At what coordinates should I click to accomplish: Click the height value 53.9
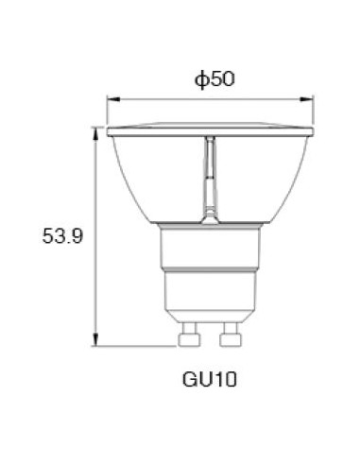(x=61, y=237)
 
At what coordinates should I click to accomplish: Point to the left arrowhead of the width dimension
(x=111, y=97)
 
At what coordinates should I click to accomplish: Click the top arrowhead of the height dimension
(x=95, y=132)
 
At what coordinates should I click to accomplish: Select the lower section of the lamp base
(x=210, y=297)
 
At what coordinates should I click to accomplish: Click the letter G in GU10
(x=189, y=381)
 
